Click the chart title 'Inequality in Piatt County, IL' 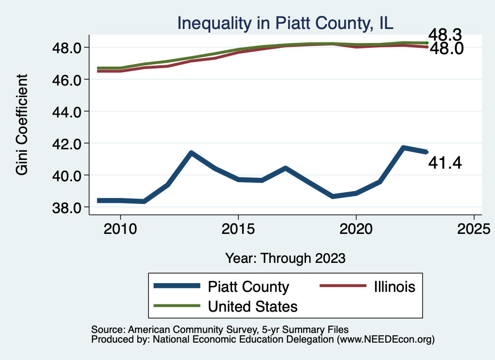(285, 23)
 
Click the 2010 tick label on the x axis (120, 228)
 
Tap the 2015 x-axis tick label (238, 228)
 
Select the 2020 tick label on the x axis (356, 228)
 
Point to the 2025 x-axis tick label (474, 228)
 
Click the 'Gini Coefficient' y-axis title (22, 124)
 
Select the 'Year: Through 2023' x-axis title (285, 258)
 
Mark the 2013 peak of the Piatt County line (191, 153)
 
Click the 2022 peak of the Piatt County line (403, 147)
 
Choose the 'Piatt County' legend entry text (248, 287)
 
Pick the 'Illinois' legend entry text (394, 287)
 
